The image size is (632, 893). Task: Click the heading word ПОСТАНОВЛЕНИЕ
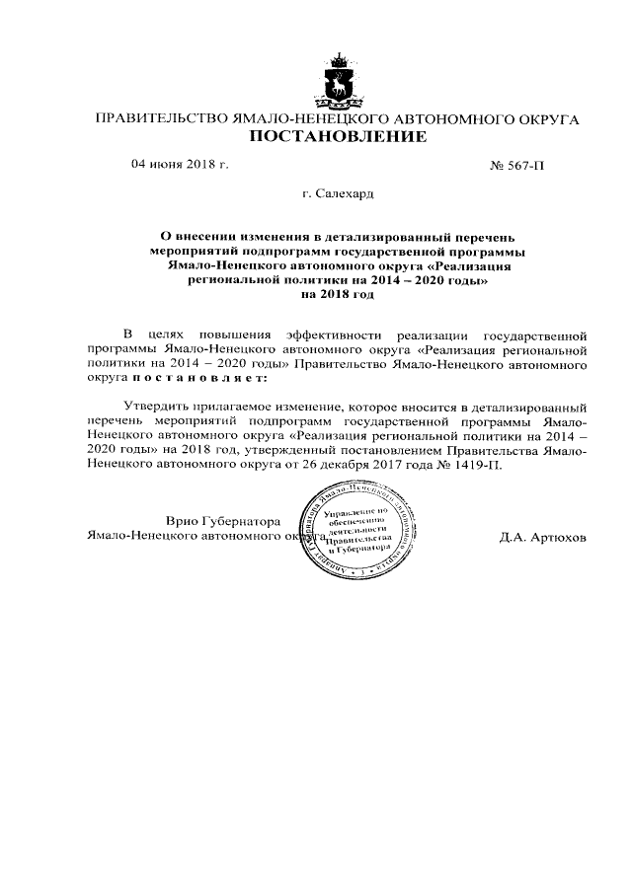coord(337,137)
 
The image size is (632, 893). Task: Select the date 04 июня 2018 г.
coord(180,165)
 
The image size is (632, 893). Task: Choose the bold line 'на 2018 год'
coord(338,294)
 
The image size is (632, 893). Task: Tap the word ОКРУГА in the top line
coord(544,119)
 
